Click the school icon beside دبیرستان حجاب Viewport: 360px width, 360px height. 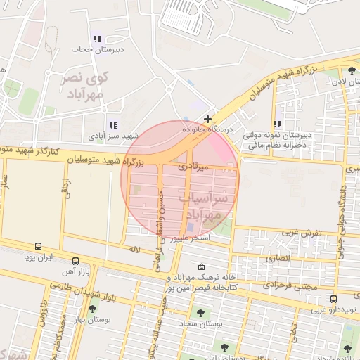[96, 39]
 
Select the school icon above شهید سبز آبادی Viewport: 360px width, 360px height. [113, 124]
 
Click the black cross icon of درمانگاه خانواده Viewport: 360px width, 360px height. [207, 120]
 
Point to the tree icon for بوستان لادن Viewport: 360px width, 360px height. [351, 70]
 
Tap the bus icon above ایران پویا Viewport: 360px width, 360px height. [37, 247]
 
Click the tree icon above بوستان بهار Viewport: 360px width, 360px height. [92, 309]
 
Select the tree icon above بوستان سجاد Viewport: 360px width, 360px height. [200, 313]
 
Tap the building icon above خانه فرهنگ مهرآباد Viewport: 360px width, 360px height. [202, 267]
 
